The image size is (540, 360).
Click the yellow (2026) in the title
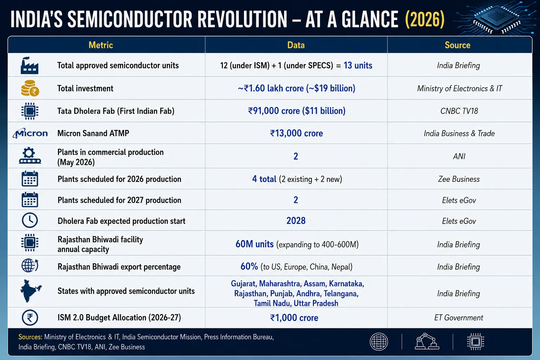point(425,19)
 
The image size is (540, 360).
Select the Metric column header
point(101,45)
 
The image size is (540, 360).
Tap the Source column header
point(457,45)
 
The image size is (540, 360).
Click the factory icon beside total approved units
point(30,65)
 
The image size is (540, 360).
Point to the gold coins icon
point(30,88)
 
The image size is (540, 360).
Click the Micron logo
point(30,133)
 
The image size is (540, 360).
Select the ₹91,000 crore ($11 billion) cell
point(296,111)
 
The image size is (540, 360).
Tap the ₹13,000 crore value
point(296,133)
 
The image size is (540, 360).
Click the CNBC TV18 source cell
point(459,111)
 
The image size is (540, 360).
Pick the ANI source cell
point(459,156)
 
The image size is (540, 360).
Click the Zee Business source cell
point(459,179)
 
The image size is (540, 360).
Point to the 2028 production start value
point(296,221)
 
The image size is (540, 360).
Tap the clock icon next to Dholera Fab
point(30,220)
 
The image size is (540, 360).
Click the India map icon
point(31,291)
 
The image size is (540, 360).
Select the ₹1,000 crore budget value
point(294,317)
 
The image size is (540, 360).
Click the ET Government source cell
point(459,317)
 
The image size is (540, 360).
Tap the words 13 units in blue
point(358,65)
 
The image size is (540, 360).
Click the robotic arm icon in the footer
point(427,341)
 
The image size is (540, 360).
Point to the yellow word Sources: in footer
point(30,337)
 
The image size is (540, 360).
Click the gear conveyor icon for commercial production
point(30,155)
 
